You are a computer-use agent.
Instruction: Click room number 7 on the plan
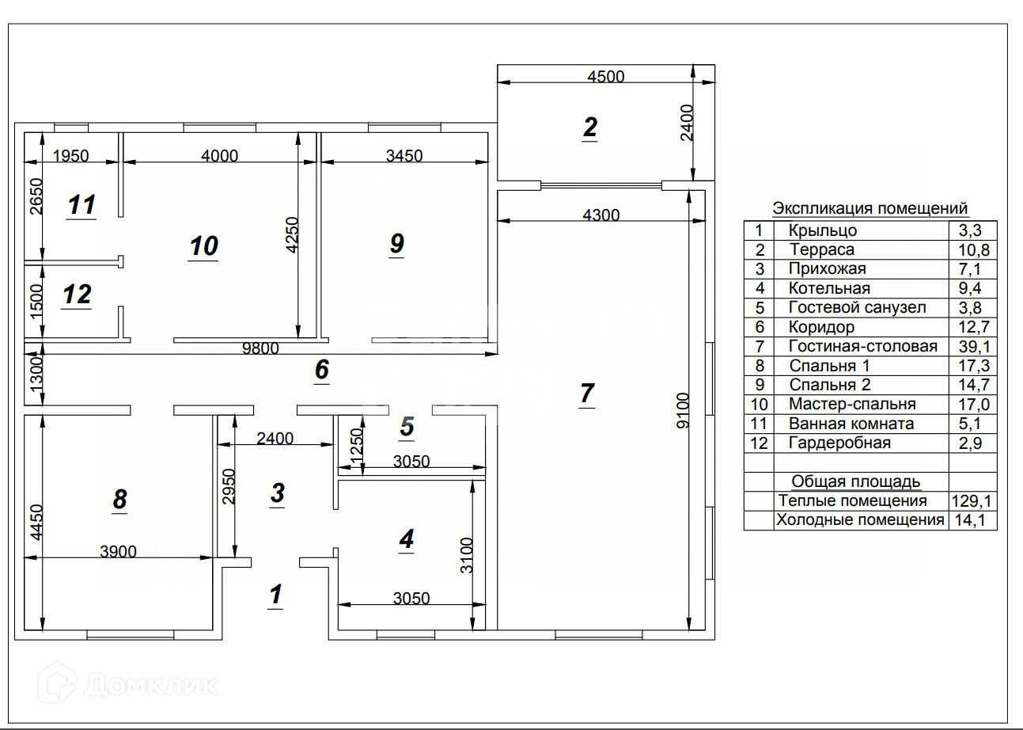pyautogui.click(x=587, y=393)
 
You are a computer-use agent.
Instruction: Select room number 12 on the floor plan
pyautogui.click(x=78, y=294)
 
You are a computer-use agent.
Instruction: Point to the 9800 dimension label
pyautogui.click(x=260, y=348)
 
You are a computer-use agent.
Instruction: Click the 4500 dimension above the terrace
pyautogui.click(x=605, y=76)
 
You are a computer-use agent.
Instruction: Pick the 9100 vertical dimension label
pyautogui.click(x=682, y=410)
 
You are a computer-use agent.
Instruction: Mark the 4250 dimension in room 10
pyautogui.click(x=292, y=234)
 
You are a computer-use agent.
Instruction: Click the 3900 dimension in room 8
pyautogui.click(x=119, y=552)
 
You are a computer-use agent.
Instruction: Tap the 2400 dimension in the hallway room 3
pyautogui.click(x=275, y=439)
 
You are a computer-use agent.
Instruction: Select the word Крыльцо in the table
pyautogui.click(x=823, y=230)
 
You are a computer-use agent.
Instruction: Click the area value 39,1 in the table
pyautogui.click(x=974, y=347)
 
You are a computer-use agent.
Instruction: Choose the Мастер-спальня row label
pyautogui.click(x=852, y=404)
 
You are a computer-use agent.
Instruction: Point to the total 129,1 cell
pyautogui.click(x=972, y=501)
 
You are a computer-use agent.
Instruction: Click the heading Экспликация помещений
pyautogui.click(x=870, y=208)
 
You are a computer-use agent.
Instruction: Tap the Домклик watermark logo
pyautogui.click(x=128, y=685)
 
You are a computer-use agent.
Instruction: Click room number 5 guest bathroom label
pyautogui.click(x=407, y=427)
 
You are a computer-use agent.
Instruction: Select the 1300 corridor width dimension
pyautogui.click(x=36, y=375)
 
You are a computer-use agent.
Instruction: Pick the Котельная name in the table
pyautogui.click(x=829, y=288)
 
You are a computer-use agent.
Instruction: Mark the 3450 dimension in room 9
pyautogui.click(x=404, y=156)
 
